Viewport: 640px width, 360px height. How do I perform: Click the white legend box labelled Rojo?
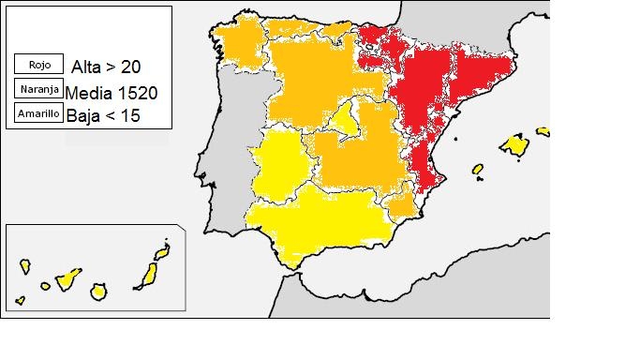(39, 66)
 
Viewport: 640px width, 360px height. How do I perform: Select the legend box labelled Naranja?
(39, 90)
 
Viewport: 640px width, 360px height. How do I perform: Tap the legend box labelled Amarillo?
(39, 113)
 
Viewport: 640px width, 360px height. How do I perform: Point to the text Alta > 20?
(108, 67)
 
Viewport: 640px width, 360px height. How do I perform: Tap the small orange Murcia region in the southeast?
(400, 202)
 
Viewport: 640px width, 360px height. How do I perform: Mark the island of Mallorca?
(514, 145)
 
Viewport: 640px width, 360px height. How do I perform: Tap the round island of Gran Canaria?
(97, 292)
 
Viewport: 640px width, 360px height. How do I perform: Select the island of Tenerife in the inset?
(67, 277)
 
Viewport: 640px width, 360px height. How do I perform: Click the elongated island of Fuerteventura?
(147, 275)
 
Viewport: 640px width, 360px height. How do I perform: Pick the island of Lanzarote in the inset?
(163, 252)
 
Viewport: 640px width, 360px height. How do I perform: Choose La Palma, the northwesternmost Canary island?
(25, 267)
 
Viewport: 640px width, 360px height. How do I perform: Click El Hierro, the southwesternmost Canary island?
(20, 302)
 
